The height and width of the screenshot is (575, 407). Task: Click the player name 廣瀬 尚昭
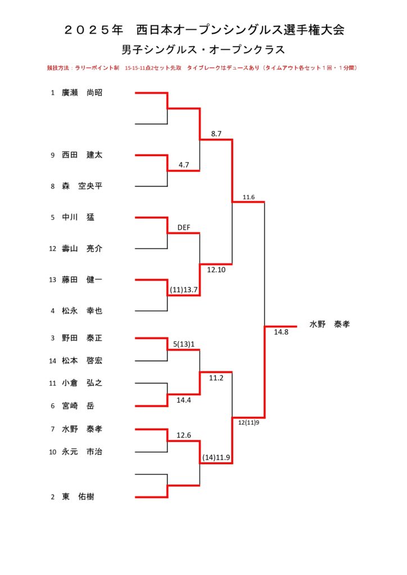(82, 93)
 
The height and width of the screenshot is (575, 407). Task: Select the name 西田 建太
(82, 155)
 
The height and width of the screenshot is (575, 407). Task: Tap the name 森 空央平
(82, 186)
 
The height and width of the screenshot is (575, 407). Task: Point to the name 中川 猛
(78, 217)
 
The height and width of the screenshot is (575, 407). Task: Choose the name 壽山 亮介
(82, 249)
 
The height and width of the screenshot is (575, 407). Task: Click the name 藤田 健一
(82, 280)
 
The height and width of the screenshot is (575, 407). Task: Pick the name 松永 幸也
(82, 311)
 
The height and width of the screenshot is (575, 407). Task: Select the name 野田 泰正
(82, 338)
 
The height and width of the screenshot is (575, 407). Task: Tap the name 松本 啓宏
(82, 361)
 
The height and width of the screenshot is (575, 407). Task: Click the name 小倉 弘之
(82, 383)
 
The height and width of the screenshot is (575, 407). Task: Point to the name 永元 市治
(82, 452)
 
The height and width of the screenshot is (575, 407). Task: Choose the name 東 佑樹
(78, 497)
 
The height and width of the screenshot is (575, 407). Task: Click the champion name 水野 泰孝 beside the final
(329, 324)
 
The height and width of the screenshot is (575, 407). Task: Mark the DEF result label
(184, 228)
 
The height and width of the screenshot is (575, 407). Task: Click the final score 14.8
(281, 332)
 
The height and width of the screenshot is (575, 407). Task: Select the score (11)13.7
(183, 290)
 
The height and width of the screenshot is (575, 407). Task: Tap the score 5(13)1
(184, 344)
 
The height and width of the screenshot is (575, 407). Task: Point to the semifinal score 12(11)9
(248, 423)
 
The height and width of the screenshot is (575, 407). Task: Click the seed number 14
(52, 361)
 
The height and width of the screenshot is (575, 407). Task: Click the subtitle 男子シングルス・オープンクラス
(203, 50)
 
